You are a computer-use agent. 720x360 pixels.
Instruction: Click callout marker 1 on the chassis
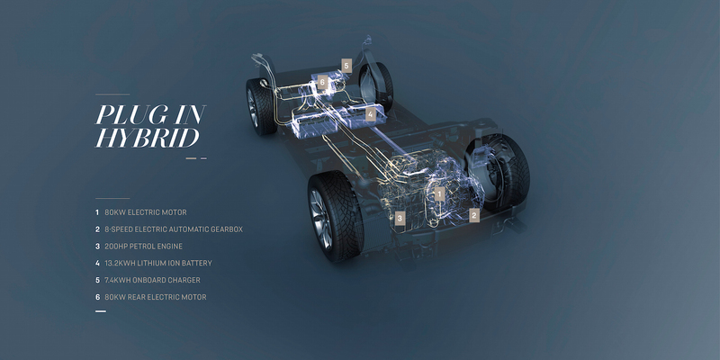point(439,194)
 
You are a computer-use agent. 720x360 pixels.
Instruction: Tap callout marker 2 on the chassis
point(474,215)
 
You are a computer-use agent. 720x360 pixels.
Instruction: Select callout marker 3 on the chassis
point(400,219)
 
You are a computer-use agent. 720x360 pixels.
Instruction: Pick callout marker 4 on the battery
point(371,114)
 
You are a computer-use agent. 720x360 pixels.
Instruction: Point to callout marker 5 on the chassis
point(346,66)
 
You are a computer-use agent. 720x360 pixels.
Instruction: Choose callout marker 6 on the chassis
point(322,82)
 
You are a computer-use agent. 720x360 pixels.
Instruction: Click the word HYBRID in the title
point(148,138)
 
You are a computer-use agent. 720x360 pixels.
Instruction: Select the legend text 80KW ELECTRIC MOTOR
point(146,212)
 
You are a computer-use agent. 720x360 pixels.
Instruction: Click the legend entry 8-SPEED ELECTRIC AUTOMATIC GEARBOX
point(174,229)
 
